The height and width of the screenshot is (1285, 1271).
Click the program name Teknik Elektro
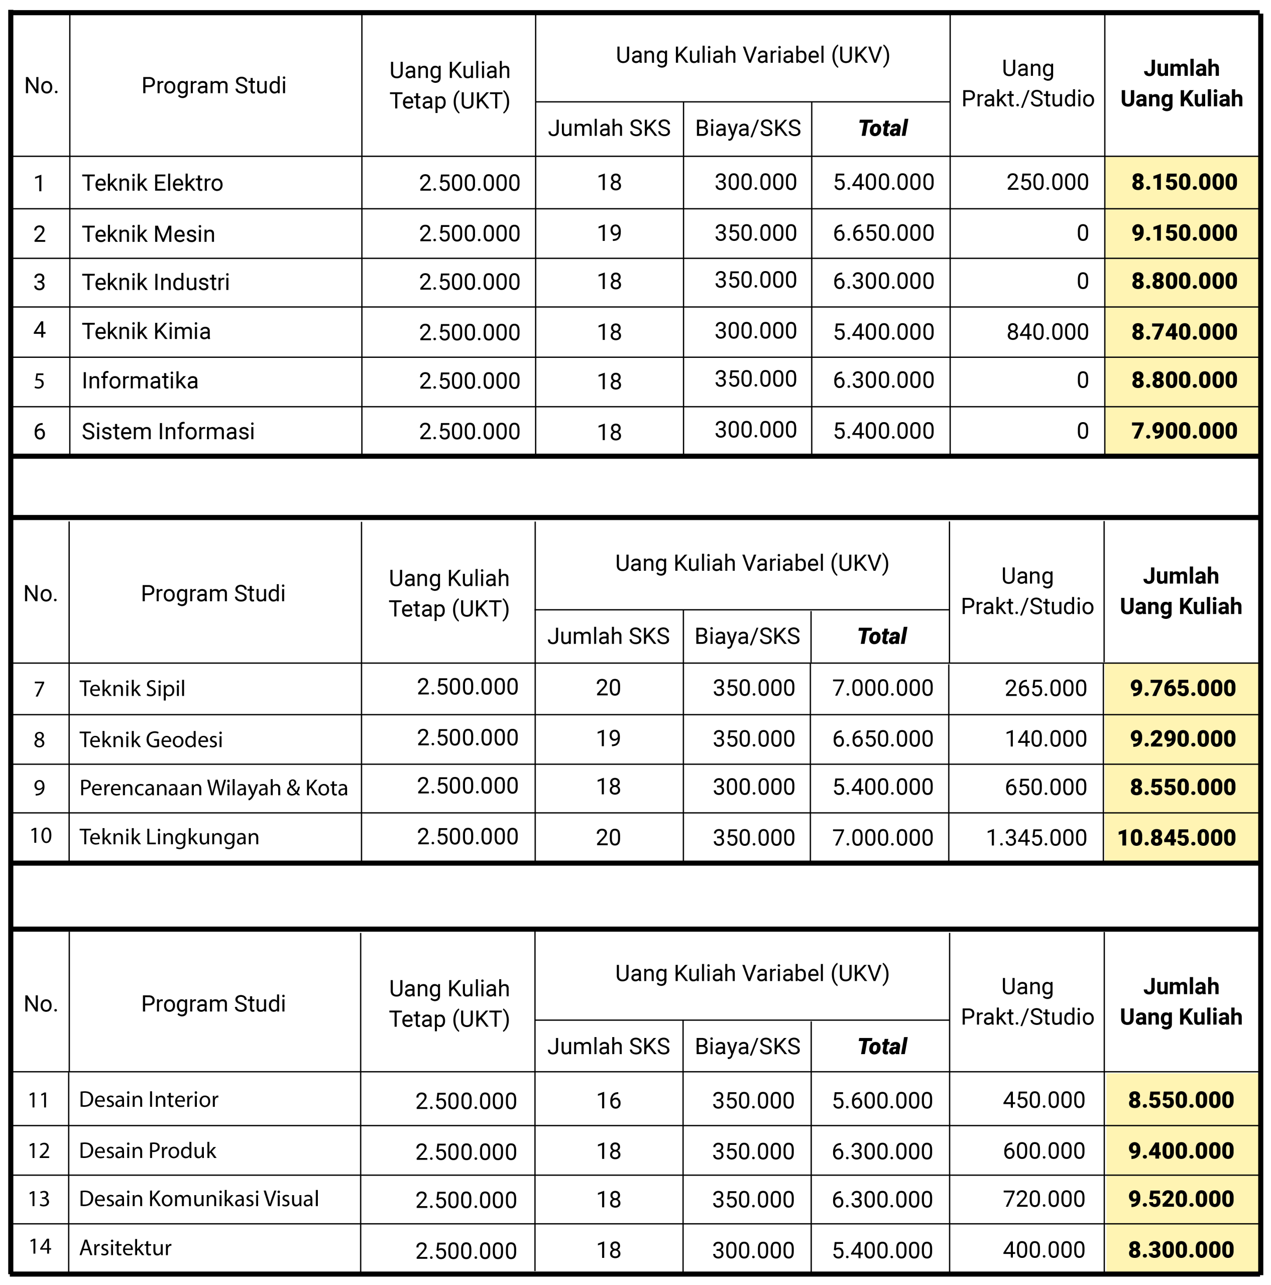click(x=152, y=183)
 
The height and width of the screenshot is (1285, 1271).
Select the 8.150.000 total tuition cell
click(x=1184, y=182)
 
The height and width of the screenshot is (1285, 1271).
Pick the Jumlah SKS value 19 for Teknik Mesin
click(x=609, y=233)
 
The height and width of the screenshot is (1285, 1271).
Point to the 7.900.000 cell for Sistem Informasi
click(x=1184, y=431)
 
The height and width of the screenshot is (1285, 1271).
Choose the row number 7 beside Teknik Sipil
click(x=39, y=688)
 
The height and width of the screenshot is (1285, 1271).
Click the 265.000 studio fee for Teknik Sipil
click(x=1046, y=688)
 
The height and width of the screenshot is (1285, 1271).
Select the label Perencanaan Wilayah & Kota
click(x=213, y=788)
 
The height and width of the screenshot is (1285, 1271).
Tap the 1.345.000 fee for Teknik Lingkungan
click(x=1036, y=837)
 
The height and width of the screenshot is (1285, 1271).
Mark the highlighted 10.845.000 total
click(x=1177, y=837)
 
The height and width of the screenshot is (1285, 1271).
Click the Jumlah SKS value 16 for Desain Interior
click(x=608, y=1101)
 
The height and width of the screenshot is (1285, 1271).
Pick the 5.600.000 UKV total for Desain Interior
click(x=882, y=1101)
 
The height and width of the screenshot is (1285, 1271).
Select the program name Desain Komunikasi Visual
click(x=199, y=1199)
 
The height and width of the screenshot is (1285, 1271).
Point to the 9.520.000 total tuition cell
click(x=1181, y=1199)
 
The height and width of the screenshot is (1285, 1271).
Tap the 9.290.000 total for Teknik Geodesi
click(x=1183, y=738)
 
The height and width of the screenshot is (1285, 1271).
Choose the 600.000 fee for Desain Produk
click(x=1044, y=1150)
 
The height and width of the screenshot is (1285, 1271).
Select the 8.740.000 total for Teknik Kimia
click(x=1184, y=331)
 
